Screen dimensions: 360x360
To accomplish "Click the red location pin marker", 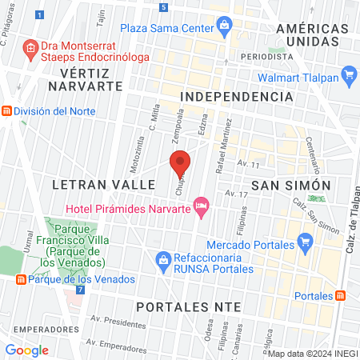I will coord(180,163).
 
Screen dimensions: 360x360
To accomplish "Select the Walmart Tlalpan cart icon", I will coord(348,77).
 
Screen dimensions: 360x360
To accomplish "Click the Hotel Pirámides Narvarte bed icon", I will coord(202,206).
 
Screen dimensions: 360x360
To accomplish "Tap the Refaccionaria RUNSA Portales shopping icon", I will coord(163,258).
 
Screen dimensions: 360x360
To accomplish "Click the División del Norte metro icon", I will coord(6,110).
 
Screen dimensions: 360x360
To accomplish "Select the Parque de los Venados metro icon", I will coord(20,279).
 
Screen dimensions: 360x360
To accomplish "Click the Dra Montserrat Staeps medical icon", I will coord(30,49).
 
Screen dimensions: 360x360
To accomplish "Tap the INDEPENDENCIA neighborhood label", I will coord(237,96).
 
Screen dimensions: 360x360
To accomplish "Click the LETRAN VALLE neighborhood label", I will coord(102,184).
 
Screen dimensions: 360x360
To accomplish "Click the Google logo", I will coord(26,350).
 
